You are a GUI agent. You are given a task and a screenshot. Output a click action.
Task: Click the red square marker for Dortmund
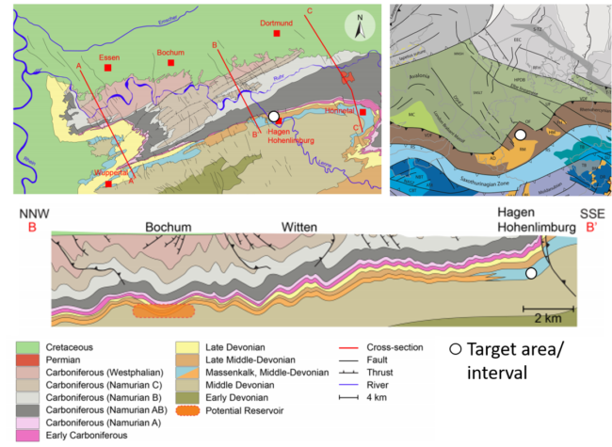[x=276, y=33]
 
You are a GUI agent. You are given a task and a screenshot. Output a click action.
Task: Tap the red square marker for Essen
[x=109, y=69]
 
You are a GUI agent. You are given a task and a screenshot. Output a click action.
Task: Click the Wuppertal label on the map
[x=111, y=172]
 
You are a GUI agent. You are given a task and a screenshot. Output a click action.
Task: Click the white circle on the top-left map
[x=273, y=116]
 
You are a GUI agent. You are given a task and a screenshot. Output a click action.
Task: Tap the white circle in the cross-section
[x=531, y=273]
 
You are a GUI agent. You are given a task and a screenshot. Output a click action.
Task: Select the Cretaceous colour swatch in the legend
[x=29, y=347]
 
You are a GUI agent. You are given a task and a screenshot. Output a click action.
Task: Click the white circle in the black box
[x=455, y=349]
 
